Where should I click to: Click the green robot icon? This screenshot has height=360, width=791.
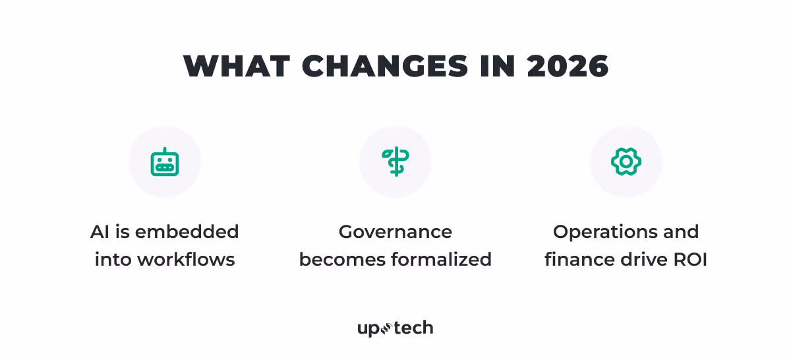tap(165, 162)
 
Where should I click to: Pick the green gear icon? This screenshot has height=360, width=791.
tap(626, 162)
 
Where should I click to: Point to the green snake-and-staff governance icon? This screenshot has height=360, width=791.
tap(395, 162)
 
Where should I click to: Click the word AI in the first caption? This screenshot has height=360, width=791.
tap(100, 232)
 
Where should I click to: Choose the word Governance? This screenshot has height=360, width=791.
tap(395, 232)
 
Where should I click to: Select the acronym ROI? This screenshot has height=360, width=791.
tap(689, 260)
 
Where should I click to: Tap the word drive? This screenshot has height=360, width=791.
tap(641, 260)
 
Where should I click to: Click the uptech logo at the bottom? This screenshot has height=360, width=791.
tap(395, 328)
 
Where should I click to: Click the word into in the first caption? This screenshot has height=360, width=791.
tap(113, 260)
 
